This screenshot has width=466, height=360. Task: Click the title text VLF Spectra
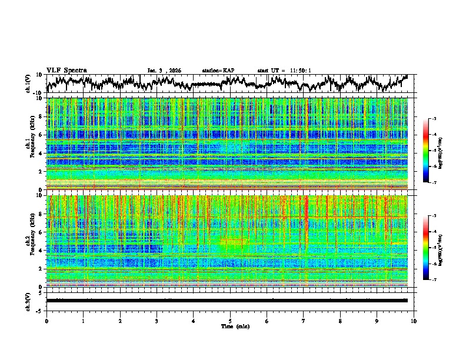coord(66,71)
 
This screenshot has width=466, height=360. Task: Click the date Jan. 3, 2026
coord(164,71)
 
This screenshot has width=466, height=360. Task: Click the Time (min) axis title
coord(230,326)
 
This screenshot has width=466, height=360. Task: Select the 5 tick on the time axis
coord(230,321)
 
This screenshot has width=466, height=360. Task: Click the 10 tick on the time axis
coord(414,321)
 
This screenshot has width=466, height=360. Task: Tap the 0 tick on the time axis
coord(46,321)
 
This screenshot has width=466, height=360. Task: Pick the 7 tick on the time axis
coord(304,321)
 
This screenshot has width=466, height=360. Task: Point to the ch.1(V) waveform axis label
coord(28,84)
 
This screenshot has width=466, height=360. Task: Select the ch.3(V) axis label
coord(28,301)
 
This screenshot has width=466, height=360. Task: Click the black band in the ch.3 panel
coord(230,301)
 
